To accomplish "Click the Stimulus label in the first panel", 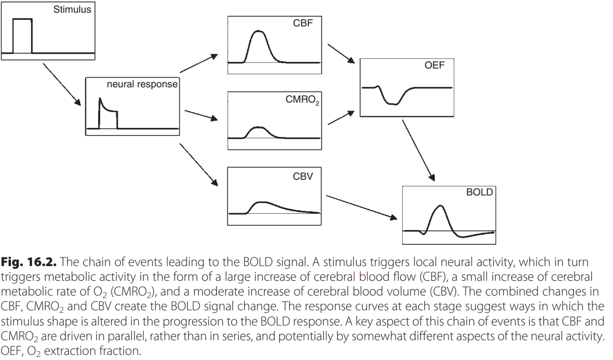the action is pyautogui.click(x=72, y=10).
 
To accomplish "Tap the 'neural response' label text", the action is pyautogui.click(x=142, y=84).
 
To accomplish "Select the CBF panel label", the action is pyautogui.click(x=303, y=23).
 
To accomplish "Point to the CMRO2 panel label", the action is pyautogui.click(x=302, y=100).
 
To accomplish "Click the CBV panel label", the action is pyautogui.click(x=303, y=176).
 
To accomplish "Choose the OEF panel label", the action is pyautogui.click(x=435, y=66).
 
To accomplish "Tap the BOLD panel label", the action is pyautogui.click(x=479, y=192).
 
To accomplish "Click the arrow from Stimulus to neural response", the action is pyautogui.click(x=62, y=84).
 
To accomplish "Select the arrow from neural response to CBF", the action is pyautogui.click(x=199, y=63).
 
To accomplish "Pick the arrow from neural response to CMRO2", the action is pyautogui.click(x=202, y=115).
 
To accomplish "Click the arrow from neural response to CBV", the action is pyautogui.click(x=199, y=165).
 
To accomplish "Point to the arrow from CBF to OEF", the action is pyautogui.click(x=341, y=54).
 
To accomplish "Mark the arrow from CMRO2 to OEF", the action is pyautogui.click(x=341, y=118).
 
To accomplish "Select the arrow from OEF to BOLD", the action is pyautogui.click(x=418, y=150).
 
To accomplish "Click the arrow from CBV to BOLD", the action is pyautogui.click(x=362, y=207).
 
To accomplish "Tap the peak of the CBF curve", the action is pyautogui.click(x=259, y=31).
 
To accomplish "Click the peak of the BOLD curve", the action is pyautogui.click(x=440, y=205).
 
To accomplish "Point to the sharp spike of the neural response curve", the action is pyautogui.click(x=100, y=98).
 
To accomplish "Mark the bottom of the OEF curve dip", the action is pyautogui.click(x=393, y=104).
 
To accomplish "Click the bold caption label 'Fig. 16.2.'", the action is pyautogui.click(x=28, y=262).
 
